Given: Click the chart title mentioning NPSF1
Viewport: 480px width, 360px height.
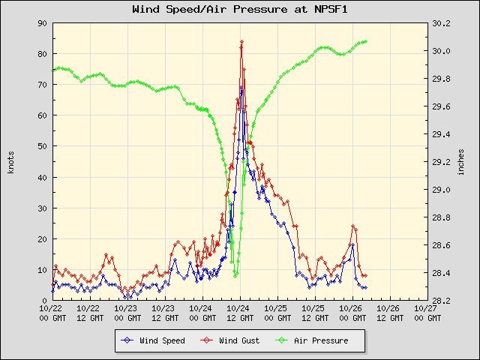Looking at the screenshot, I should pos(239,10).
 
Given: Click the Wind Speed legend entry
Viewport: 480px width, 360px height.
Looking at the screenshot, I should pos(162,340).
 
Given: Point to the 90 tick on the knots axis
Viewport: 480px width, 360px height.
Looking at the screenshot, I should pos(43,23).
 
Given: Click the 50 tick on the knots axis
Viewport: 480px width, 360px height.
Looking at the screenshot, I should pos(43,146).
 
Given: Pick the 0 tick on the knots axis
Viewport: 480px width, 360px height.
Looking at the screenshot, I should pos(46,301).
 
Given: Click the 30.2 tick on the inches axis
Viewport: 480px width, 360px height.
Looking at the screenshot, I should pos(441,23).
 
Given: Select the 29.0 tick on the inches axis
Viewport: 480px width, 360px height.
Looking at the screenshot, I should pos(441,190).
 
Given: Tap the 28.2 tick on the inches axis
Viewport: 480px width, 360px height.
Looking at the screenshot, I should pos(441,301).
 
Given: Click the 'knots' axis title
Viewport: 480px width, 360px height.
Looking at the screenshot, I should pos(11,161).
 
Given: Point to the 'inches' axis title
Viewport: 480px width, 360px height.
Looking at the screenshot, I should pos(461,161).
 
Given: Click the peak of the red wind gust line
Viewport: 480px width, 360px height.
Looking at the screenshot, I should pos(241,41).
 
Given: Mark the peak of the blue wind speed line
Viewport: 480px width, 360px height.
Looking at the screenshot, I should pos(241,87).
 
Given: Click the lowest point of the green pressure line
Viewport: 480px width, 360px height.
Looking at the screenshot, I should pos(235,275).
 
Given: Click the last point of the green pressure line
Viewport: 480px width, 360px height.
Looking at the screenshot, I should pos(365,41).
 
